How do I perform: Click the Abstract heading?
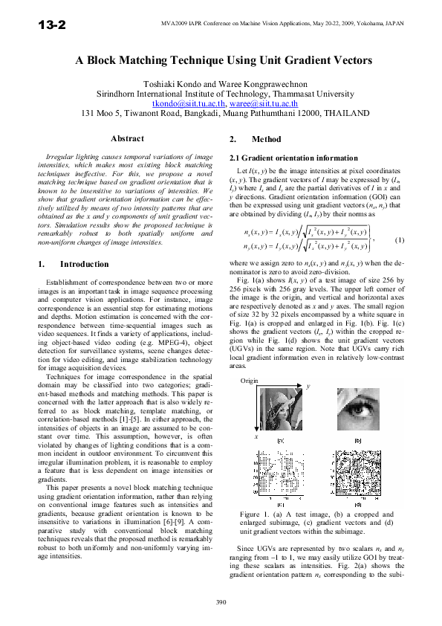point(127,139)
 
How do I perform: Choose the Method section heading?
point(267,139)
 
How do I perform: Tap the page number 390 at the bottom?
point(221,601)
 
